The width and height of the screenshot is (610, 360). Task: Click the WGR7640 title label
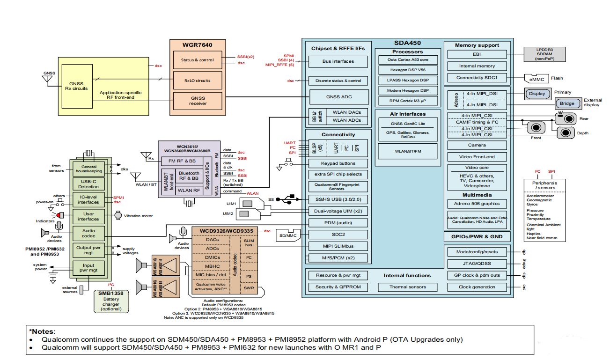[198, 45]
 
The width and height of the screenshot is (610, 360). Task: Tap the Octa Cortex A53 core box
[407, 60]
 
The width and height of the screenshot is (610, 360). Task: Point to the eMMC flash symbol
[535, 78]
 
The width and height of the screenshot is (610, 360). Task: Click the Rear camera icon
[565, 118]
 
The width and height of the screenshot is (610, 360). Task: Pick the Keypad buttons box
[338, 163]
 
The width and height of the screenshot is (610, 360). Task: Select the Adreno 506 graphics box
[477, 204]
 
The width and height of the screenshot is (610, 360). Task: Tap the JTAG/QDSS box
[477, 264]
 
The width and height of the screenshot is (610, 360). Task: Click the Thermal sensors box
[407, 287]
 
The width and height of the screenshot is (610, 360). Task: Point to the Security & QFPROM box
[338, 287]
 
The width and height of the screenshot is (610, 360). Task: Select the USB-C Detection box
[88, 184]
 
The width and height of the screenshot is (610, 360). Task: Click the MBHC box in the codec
[212, 266]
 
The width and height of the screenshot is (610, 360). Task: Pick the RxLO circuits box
[198, 81]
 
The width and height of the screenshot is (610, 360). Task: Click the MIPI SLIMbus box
[338, 246]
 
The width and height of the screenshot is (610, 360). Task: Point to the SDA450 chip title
[408, 43]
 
